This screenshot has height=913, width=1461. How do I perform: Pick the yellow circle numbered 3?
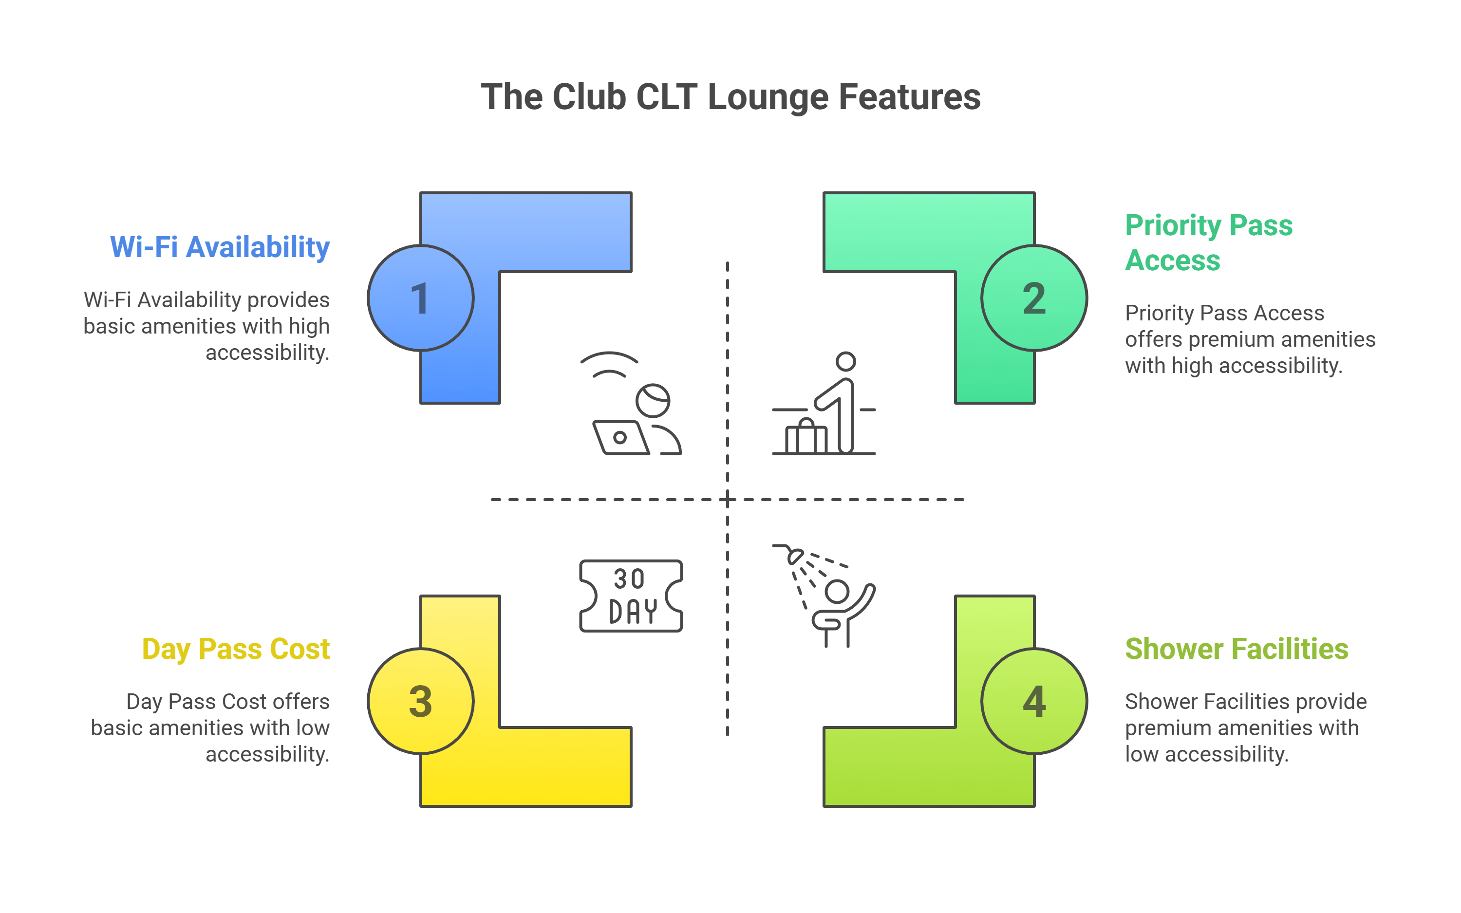point(421,701)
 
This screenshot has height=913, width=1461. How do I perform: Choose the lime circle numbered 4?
point(1034,701)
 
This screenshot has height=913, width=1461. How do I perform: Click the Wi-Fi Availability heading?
point(220,247)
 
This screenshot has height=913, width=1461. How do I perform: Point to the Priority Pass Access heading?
point(1209,243)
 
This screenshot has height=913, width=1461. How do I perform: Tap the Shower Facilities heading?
point(1236,649)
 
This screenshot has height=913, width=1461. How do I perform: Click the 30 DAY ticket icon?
point(631,596)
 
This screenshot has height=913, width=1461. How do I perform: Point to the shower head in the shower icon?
point(794,556)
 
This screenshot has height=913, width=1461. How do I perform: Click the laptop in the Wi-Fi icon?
point(620,437)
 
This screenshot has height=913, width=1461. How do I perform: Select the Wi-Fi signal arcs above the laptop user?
point(609,364)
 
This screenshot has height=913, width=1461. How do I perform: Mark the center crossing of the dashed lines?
point(728,500)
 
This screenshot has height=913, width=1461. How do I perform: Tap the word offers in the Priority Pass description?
point(1154,339)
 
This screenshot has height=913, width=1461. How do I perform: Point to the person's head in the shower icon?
point(837,591)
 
